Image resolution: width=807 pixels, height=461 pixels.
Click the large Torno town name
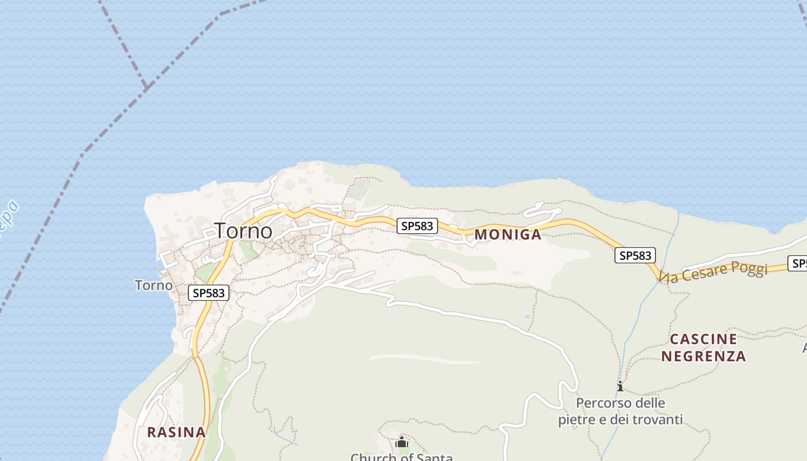pyautogui.click(x=243, y=231)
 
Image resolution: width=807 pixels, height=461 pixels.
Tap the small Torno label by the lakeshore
pyautogui.click(x=153, y=285)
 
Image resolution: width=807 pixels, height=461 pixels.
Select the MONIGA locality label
pyautogui.click(x=508, y=235)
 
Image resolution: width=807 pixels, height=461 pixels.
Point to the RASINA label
pyautogui.click(x=176, y=432)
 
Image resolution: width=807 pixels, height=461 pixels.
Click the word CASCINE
pyautogui.click(x=703, y=339)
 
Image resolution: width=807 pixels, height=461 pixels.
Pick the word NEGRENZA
pyautogui.click(x=703, y=356)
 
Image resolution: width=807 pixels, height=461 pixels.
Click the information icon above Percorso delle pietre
pyautogui.click(x=620, y=386)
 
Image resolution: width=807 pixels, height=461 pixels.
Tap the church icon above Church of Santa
pyautogui.click(x=402, y=443)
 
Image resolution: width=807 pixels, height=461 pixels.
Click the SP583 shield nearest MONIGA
pyautogui.click(x=417, y=226)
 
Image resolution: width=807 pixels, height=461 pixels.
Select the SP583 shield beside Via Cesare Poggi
pyautogui.click(x=635, y=255)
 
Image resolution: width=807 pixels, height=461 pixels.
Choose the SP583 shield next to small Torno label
pyautogui.click(x=209, y=293)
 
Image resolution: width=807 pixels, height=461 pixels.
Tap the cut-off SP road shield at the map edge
pyautogui.click(x=799, y=263)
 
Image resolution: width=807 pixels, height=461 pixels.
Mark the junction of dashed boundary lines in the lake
pyautogui.click(x=147, y=87)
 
